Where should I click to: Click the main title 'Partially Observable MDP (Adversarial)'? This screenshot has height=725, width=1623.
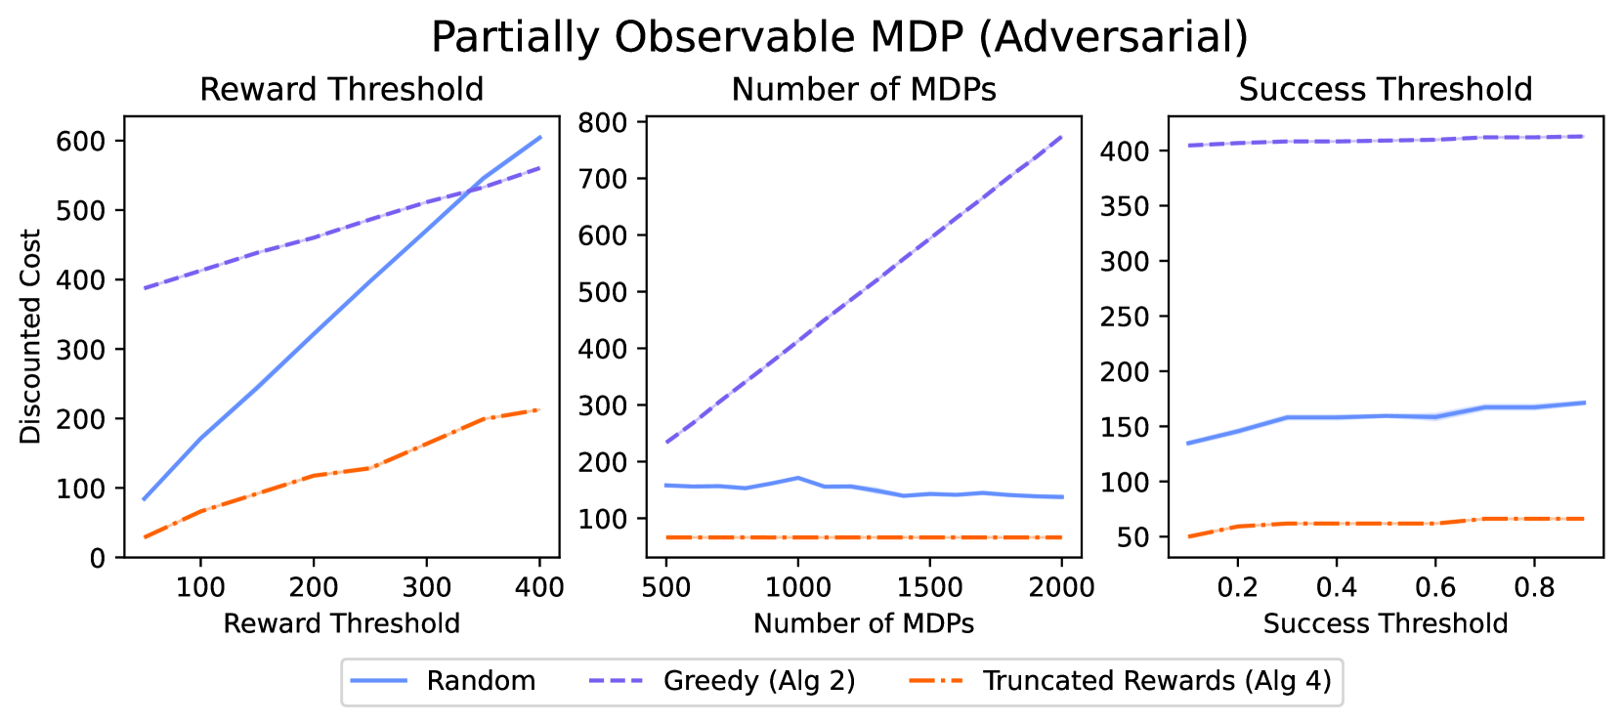tap(839, 37)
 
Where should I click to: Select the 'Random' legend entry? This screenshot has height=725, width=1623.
tap(443, 681)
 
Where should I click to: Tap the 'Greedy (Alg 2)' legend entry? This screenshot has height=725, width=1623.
tap(722, 681)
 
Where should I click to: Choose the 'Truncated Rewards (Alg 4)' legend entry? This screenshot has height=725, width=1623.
tap(1120, 681)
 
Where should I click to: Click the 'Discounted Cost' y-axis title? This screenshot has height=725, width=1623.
tap(30, 336)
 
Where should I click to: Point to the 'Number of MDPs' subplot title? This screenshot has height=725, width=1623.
tap(864, 90)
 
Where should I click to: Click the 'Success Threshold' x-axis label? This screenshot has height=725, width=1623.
tap(1386, 623)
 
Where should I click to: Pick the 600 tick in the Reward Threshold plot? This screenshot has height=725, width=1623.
tap(81, 141)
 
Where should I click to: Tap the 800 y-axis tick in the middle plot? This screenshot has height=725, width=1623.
tap(603, 122)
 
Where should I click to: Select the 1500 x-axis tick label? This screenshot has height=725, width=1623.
tap(929, 586)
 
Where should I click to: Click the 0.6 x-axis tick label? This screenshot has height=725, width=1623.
tap(1434, 586)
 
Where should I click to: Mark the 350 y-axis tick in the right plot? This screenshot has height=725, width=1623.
tap(1125, 206)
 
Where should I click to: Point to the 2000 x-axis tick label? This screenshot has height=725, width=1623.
tap(1061, 586)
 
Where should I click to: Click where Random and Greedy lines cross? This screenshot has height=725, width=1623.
tap(470, 192)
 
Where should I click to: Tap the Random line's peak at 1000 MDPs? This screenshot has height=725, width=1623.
tap(797, 477)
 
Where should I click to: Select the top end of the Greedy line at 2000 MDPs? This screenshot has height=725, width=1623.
tap(1061, 136)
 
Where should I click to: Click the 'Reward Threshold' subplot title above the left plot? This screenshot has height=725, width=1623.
tap(341, 90)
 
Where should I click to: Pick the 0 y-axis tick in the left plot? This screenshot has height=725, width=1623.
tap(98, 559)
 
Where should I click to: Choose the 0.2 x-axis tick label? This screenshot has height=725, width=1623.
tap(1238, 586)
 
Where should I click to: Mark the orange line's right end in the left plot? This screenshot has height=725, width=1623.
tap(539, 410)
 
